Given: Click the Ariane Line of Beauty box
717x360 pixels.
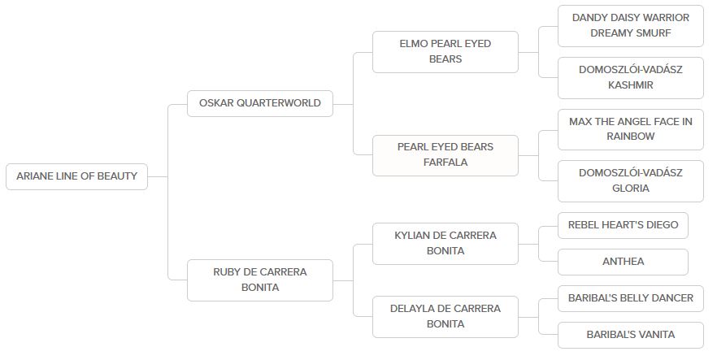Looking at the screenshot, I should point(76,176).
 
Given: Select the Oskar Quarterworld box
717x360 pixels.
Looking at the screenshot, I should point(259,103).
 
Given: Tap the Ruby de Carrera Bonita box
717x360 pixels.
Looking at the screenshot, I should point(259,280).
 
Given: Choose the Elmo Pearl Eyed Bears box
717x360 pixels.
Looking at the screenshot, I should point(445,51).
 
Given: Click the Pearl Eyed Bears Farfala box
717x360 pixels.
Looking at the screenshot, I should point(445,154).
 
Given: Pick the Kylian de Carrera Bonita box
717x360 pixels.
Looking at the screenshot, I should point(445,243).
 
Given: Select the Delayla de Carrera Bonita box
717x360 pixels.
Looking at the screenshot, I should point(445,316).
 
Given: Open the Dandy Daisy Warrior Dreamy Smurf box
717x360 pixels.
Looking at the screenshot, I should point(630,25).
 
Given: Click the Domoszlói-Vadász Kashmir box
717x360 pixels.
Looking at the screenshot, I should point(630,77).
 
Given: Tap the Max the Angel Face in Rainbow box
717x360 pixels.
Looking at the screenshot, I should point(630,129).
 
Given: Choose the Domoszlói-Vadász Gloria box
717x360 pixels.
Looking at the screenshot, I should point(630,180).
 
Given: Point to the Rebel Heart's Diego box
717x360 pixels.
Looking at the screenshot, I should point(623,225).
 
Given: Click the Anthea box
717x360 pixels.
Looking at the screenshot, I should point(623,262).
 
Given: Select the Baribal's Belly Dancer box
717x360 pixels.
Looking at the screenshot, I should point(630,298).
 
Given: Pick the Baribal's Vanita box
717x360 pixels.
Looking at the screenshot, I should point(630,334).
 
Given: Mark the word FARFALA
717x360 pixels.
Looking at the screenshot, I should point(445,163).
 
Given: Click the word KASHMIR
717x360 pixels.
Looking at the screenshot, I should point(631,85).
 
